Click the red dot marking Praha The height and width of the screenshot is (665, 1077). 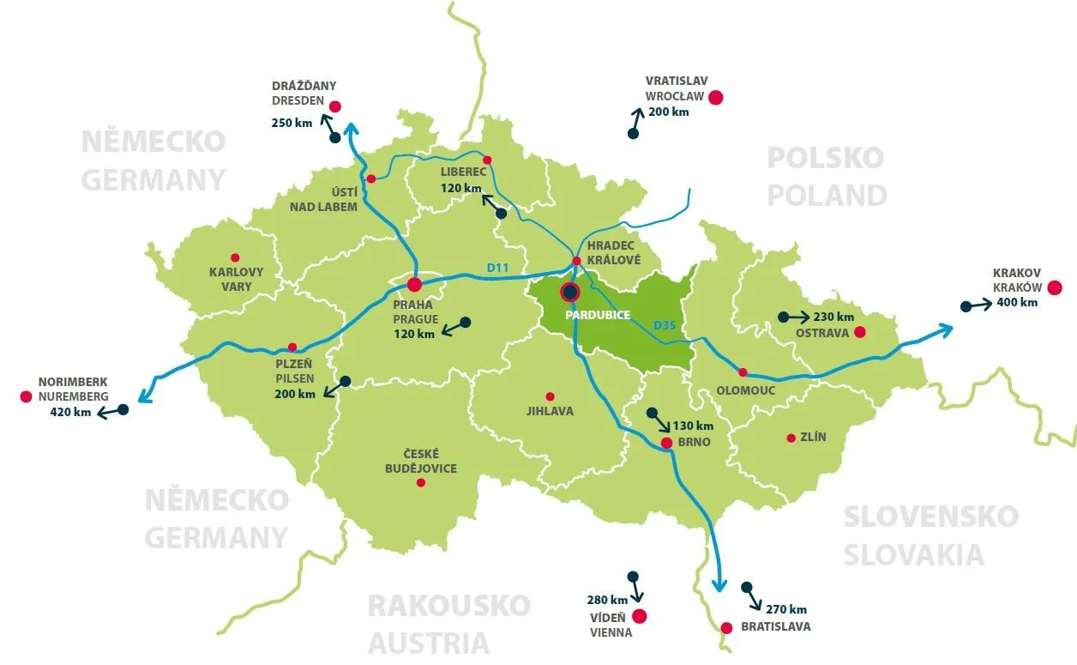tap(414, 284)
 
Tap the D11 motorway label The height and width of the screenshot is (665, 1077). tap(498, 269)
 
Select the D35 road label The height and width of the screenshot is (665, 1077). tap(665, 325)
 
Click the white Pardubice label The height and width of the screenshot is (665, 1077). tap(598, 315)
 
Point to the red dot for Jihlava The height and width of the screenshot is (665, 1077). tap(550, 396)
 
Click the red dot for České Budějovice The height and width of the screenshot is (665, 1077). tap(420, 483)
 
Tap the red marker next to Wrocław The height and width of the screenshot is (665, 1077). tap(716, 98)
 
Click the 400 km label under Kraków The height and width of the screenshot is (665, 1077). tap(1017, 302)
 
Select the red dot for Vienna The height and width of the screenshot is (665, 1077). tap(639, 616)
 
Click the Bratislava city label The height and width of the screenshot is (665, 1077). tap(776, 626)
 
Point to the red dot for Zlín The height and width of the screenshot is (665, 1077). tap(791, 438)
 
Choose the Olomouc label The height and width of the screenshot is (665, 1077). tap(745, 390)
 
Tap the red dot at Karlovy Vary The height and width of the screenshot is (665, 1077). tap(234, 257)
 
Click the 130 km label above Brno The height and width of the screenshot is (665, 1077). tap(693, 426)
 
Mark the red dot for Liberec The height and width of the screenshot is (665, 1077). tap(487, 160)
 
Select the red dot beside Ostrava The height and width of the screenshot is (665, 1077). tap(860, 332)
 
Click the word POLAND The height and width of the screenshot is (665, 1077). tap(827, 195)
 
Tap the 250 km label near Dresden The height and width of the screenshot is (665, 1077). tap(292, 123)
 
